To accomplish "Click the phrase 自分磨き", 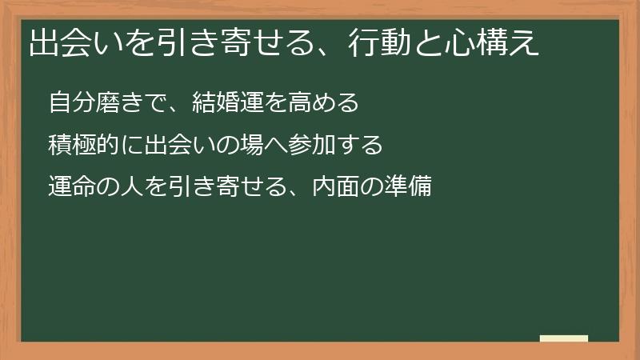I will click(88, 102).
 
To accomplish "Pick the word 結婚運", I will click(237, 102).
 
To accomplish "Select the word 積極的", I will click(78, 146).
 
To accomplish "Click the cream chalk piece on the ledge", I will click(564, 338).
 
